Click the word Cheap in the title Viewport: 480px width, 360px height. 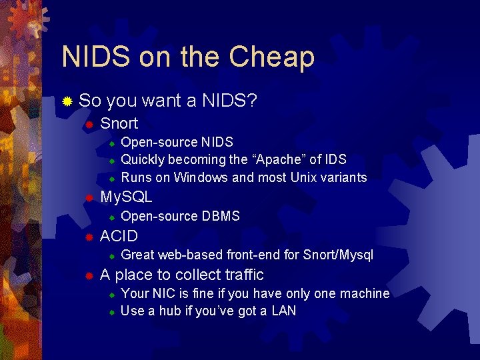pos(271,57)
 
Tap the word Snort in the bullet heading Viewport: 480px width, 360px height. pos(119,123)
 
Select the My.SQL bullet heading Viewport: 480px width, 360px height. pos(126,197)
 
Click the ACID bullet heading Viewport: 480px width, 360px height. pos(119,236)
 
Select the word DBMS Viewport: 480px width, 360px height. pos(221,216)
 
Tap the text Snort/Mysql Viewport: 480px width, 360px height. pos(338,255)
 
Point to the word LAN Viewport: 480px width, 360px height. pos(283,311)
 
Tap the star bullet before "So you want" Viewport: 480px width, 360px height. pos(67,102)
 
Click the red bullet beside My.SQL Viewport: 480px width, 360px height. pos(87,198)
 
